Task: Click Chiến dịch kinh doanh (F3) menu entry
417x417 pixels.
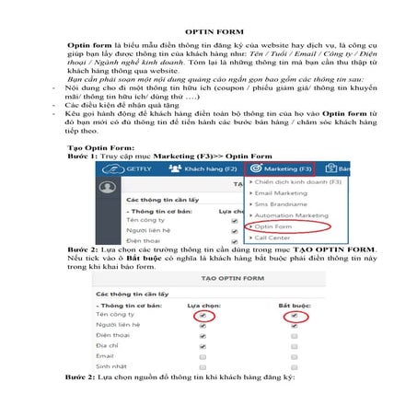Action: pos(295,183)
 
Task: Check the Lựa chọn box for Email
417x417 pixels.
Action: pos(203,354)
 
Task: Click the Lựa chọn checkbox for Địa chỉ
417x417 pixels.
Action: pos(203,342)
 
